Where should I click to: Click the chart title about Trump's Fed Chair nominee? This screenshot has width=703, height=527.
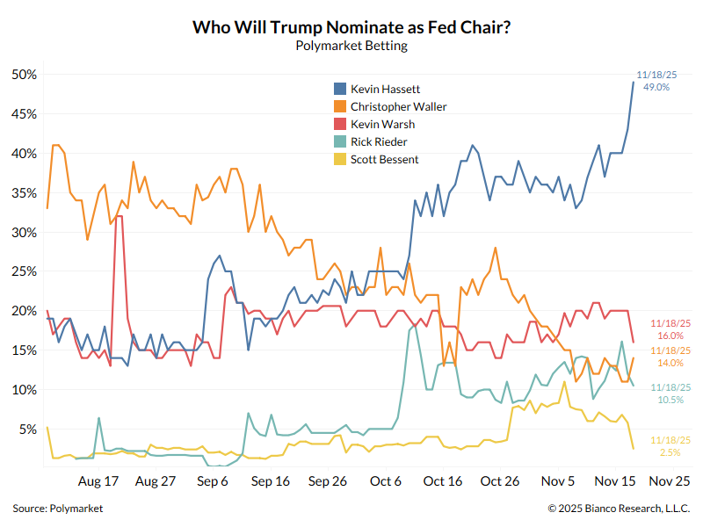tap(351, 27)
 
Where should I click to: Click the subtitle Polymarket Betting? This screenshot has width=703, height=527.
tap(351, 46)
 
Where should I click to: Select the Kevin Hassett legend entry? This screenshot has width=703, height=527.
tap(384, 89)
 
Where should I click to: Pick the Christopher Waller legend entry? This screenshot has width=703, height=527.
tap(397, 106)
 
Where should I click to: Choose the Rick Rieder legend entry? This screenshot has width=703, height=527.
tap(378, 141)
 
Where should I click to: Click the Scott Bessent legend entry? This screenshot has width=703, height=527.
tap(383, 159)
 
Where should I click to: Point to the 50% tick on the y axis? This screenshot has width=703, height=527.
tap(24, 75)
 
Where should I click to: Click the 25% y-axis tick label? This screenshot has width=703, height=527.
tap(24, 271)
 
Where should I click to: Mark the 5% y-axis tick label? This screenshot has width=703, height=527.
tap(26, 430)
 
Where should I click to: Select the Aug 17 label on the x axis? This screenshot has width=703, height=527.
tap(98, 481)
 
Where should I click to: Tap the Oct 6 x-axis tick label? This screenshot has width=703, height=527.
tap(385, 481)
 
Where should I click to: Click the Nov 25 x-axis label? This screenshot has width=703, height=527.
tap(670, 481)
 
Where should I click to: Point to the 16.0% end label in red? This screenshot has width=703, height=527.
tap(670, 336)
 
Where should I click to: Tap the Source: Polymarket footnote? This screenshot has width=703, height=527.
tap(57, 509)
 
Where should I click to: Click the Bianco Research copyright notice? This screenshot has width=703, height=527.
tap(619, 509)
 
